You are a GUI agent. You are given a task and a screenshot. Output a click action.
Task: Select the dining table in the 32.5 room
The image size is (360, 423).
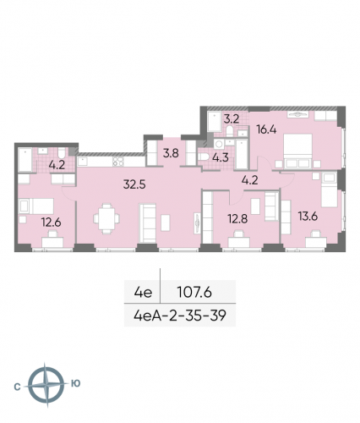[x=107, y=218]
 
